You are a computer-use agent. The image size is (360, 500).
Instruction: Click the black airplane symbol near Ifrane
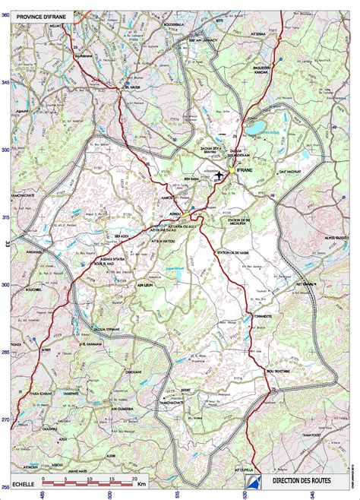click(x=220, y=176)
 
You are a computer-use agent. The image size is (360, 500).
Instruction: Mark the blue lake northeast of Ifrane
click(x=257, y=126)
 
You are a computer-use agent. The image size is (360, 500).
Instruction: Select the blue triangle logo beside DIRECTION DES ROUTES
click(x=253, y=481)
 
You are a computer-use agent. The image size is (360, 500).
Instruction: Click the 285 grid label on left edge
click(x=7, y=352)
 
